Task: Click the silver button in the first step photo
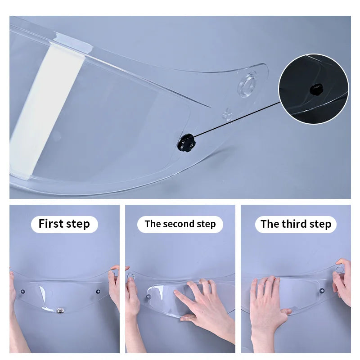click(60, 310)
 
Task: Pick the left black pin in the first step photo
click(23, 292)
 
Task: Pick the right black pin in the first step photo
click(98, 292)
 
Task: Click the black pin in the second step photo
click(148, 297)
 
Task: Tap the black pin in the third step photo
click(322, 291)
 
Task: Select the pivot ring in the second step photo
click(131, 275)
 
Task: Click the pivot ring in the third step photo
click(339, 269)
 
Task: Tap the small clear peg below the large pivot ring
click(227, 115)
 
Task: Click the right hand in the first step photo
click(114, 287)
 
